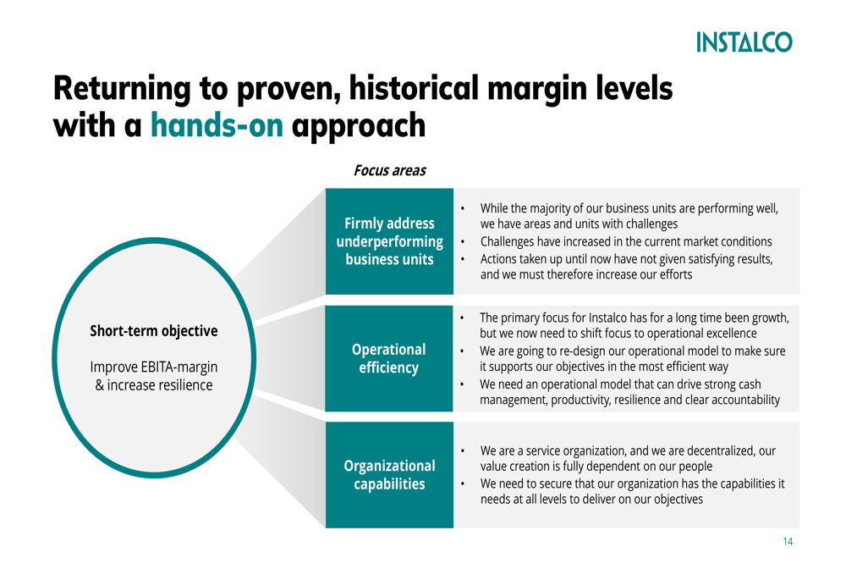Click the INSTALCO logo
[744, 42]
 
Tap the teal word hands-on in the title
[217, 125]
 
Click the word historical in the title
[414, 88]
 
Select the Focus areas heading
[389, 171]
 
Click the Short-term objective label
[154, 331]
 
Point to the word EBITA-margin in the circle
[179, 367]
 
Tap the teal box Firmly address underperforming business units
[389, 241]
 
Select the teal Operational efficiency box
[389, 359]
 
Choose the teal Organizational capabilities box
[389, 475]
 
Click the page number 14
[788, 542]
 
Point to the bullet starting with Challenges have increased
[626, 241]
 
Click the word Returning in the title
[122, 89]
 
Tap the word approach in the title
[358, 126]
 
